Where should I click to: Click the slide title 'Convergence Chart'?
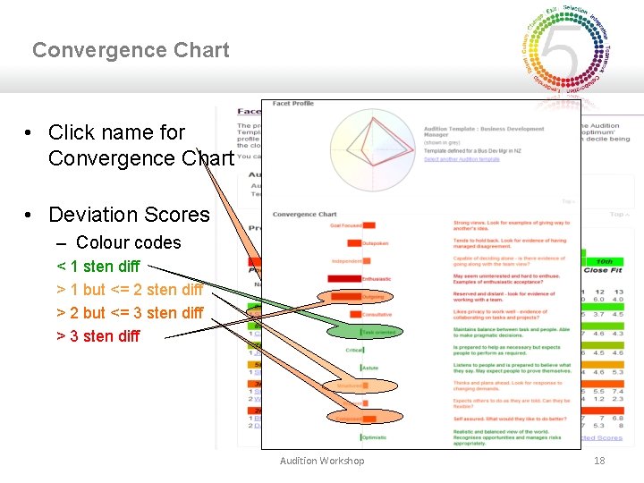[131, 50]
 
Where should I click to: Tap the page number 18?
[599, 460]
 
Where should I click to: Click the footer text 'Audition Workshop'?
[322, 461]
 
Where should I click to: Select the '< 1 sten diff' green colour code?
[98, 267]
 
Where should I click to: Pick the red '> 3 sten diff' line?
[98, 336]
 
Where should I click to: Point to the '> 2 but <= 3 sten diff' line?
[130, 313]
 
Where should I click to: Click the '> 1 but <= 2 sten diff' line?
[130, 290]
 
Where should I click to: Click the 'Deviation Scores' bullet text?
[129, 215]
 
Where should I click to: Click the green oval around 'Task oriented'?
[361, 332]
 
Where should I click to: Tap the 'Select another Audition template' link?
[462, 159]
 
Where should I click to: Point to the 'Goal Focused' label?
[345, 225]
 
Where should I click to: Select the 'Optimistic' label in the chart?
[374, 437]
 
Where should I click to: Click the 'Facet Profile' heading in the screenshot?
[293, 104]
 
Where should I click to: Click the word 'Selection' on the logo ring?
[574, 11]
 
